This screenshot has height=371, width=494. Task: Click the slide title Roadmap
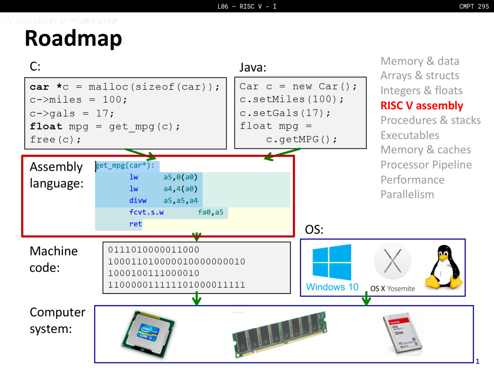point(73,39)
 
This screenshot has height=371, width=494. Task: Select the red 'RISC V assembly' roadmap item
point(421,106)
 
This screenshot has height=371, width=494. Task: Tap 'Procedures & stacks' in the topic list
point(430,120)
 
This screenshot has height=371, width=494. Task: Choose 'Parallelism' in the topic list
point(407,194)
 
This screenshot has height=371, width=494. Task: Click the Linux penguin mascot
point(444,267)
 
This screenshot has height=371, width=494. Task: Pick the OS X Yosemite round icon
point(392,262)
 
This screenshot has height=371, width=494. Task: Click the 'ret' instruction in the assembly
point(135,224)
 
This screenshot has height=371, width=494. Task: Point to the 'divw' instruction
point(138,201)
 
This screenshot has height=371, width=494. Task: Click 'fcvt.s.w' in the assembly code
point(146,212)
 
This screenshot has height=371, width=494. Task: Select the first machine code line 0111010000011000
point(154,250)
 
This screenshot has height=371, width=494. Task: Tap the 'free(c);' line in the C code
point(56,140)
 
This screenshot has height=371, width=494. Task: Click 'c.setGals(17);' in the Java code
point(285,113)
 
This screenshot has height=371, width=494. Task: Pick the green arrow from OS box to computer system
point(366,299)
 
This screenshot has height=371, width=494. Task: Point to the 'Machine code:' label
point(54,259)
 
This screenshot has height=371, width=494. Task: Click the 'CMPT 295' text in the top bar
point(474,6)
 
